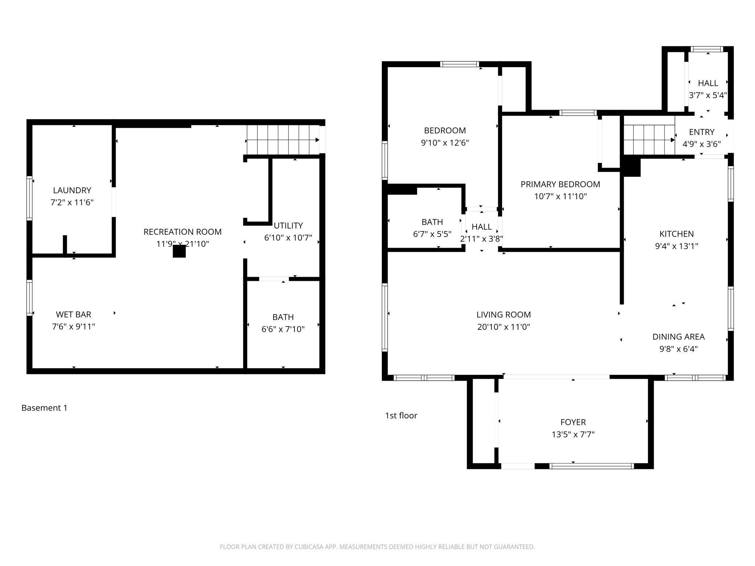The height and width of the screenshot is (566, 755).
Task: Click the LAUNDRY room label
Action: [72, 190]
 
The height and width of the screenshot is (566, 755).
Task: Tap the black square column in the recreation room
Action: [179, 251]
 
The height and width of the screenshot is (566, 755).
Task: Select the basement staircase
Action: [282, 140]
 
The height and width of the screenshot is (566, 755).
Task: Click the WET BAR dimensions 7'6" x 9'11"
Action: [73, 327]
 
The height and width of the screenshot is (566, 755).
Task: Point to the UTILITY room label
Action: [288, 226]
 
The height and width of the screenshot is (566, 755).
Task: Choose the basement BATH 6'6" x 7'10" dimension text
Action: [283, 329]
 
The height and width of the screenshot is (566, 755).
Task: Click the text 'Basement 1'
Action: [44, 408]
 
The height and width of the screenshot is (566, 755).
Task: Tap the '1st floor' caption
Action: [401, 415]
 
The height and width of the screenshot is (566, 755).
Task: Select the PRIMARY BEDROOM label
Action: [560, 184]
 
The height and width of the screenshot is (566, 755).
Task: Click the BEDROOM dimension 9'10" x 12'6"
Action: [445, 143]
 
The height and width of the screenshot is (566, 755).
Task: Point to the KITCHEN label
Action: [676, 234]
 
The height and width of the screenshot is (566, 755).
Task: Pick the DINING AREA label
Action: [678, 337]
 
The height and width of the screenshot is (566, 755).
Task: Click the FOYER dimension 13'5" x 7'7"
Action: [573, 434]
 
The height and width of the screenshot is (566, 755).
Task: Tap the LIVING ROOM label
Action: [503, 315]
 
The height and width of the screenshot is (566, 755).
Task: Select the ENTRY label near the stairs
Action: [701, 132]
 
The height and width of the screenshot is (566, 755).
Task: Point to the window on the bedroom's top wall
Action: [460, 64]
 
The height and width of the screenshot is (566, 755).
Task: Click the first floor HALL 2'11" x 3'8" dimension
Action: [481, 239]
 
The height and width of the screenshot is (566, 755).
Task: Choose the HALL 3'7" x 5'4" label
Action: [708, 83]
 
